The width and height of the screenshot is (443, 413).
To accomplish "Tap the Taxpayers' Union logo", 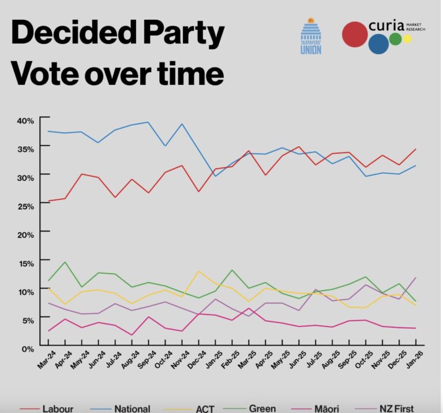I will (x=311, y=36).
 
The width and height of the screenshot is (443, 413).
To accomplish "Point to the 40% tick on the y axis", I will (x=25, y=120).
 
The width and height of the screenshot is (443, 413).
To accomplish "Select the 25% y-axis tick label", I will (x=25, y=206).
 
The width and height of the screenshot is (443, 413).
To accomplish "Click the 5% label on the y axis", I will (x=28, y=319).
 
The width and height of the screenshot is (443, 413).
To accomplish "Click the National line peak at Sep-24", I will (x=149, y=122).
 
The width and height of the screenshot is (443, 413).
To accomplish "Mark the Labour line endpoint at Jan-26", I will (x=416, y=149).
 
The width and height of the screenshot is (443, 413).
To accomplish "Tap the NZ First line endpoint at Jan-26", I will (x=416, y=278).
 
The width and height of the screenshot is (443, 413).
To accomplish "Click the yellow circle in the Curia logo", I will (x=407, y=39).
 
